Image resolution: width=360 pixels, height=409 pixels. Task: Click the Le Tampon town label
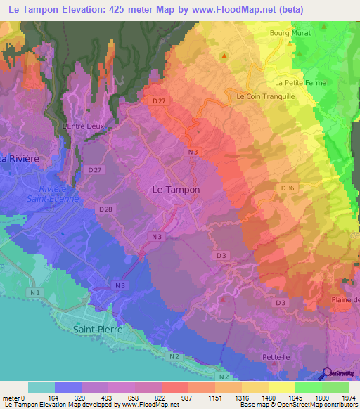tap(176, 190)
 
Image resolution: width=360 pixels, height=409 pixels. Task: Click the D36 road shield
tap(288, 188)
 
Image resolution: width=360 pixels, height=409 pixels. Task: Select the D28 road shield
tap(106, 209)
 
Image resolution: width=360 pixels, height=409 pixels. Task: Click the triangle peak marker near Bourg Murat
tap(225, 56)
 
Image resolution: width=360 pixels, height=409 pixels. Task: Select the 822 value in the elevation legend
tap(162, 398)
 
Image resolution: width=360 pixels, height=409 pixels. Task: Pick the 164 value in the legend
tap(54, 398)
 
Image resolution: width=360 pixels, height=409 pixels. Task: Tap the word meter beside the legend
tap(11, 398)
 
